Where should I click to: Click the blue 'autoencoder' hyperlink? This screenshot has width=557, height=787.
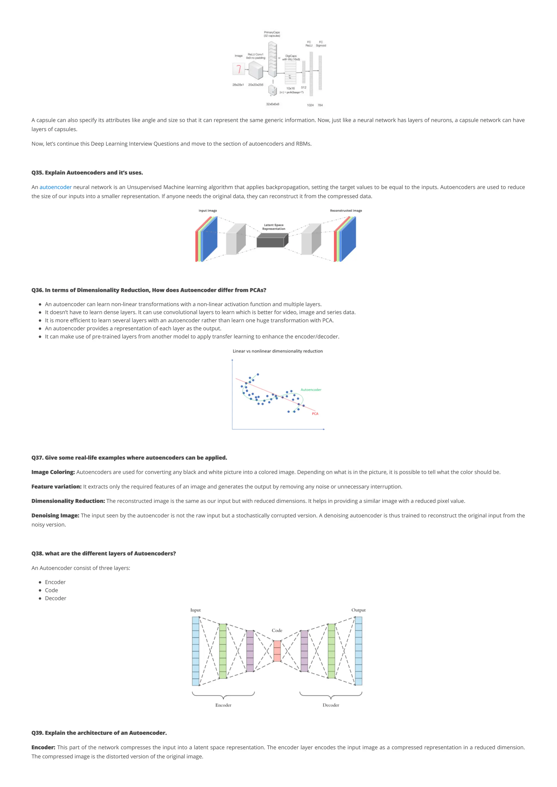click(x=55, y=187)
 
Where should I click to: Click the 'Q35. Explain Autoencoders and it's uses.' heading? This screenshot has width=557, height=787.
click(x=87, y=172)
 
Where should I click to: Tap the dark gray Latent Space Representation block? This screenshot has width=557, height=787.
click(x=271, y=241)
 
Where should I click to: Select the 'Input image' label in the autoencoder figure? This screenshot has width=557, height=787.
click(x=208, y=210)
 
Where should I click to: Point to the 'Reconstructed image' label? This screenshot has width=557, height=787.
click(x=346, y=210)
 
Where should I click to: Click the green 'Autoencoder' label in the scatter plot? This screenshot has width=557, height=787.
click(x=311, y=390)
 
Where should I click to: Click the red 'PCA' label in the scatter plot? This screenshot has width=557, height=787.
click(x=315, y=414)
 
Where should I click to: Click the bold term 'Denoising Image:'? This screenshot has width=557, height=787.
click(x=55, y=515)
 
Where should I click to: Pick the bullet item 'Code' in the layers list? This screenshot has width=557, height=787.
click(x=51, y=590)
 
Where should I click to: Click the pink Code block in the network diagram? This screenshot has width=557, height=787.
click(x=277, y=651)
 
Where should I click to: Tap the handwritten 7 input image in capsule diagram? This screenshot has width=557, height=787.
click(x=239, y=69)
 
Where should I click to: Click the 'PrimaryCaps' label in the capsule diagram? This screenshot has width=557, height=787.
click(x=272, y=32)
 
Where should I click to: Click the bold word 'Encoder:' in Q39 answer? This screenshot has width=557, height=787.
click(x=43, y=747)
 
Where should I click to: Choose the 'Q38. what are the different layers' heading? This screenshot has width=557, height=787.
click(x=104, y=553)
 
